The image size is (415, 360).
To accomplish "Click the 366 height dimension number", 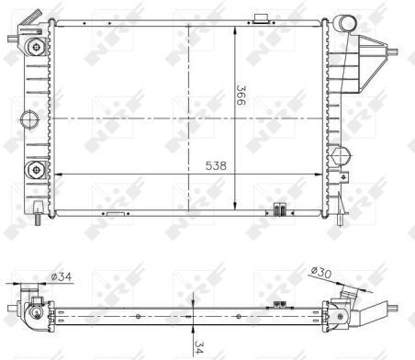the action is click(x=241, y=96).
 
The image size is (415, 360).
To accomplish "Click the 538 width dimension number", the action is click(x=216, y=166).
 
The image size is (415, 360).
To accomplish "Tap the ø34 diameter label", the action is click(x=62, y=276).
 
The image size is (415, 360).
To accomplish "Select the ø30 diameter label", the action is click(x=321, y=272).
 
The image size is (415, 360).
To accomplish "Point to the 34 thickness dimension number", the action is click(x=198, y=347).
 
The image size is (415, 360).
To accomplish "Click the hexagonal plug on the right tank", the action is click(x=340, y=156).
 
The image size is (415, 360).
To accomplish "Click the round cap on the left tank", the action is click(x=29, y=119).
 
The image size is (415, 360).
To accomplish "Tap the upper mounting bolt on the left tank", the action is click(x=37, y=48).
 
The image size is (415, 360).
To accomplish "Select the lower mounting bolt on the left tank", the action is click(x=37, y=170).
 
